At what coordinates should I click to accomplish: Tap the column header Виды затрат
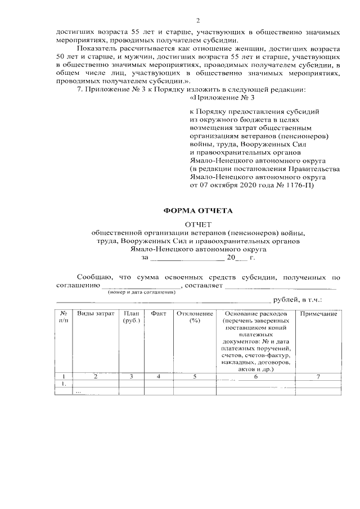point(96,313)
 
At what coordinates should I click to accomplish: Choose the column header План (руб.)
point(131,317)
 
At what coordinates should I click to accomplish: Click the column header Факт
point(159,313)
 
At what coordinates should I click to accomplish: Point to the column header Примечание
point(318,313)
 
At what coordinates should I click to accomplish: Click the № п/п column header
point(64,317)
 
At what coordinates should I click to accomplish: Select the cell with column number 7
point(318,377)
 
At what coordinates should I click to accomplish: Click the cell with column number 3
point(131,377)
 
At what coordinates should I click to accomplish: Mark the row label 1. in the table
point(64,384)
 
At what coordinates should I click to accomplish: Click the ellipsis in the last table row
point(78,391)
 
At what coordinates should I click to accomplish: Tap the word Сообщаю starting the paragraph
point(94,277)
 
